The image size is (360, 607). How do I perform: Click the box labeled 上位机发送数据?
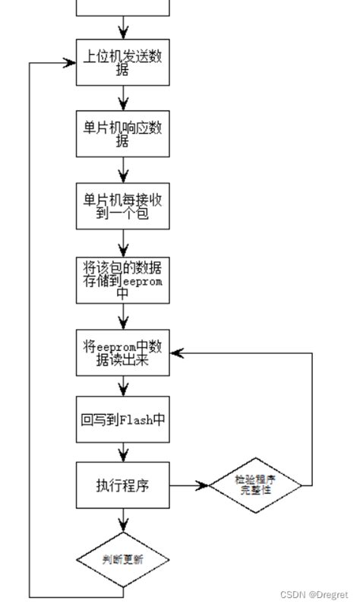coord(122,62)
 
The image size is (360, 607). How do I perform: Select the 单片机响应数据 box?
coord(122,134)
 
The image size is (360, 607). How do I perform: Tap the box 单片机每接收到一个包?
coord(122,207)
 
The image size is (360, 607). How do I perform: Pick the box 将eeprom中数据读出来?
coord(122,353)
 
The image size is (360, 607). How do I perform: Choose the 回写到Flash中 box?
coord(122,419)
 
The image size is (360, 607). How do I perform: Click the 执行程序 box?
coord(122,485)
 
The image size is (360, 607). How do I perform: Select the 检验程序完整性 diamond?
coord(261,485)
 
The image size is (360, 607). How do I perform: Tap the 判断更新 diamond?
coord(122,560)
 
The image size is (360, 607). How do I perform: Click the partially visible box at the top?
coord(122,8)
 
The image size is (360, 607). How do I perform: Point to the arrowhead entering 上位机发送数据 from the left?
coord(71,63)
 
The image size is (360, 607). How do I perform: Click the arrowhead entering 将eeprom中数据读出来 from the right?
coord(175,353)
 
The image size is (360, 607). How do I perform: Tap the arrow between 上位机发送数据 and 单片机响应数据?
coord(122,99)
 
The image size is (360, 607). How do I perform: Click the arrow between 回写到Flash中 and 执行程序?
coord(122,452)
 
